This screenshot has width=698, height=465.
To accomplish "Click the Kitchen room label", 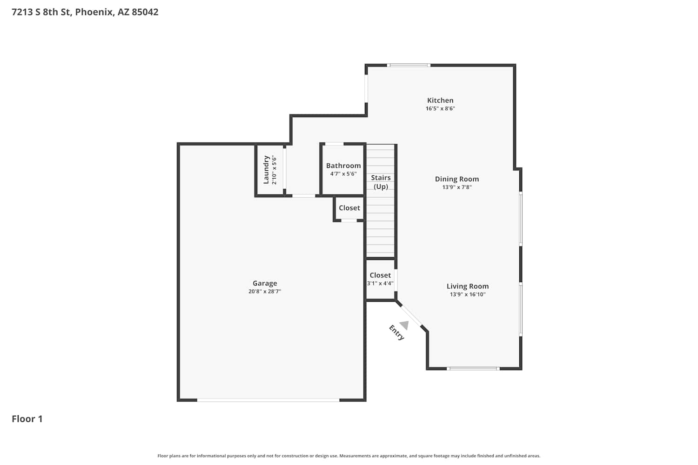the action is pyautogui.click(x=440, y=100).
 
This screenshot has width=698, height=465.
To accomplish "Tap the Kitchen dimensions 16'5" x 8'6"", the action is pyautogui.click(x=440, y=108).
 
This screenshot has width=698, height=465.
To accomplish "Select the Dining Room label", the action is pyautogui.click(x=457, y=179).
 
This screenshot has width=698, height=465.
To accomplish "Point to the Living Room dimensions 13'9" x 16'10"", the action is pyautogui.click(x=467, y=294).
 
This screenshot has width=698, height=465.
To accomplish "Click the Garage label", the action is pyautogui.click(x=265, y=284).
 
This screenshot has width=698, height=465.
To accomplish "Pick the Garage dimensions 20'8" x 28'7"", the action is pyautogui.click(x=265, y=292).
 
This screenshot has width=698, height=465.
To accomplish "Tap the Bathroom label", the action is pyautogui.click(x=343, y=166).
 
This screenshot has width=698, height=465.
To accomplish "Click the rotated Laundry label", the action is pyautogui.click(x=266, y=170).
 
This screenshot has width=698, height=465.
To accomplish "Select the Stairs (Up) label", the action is pyautogui.click(x=381, y=182).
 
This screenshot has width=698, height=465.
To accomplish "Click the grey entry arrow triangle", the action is pyautogui.click(x=405, y=325).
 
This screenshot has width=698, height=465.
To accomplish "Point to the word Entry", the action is pyautogui.click(x=396, y=332).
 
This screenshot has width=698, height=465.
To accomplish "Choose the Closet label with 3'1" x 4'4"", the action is pyautogui.click(x=380, y=275).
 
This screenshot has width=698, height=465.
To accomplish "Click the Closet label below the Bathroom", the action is pyautogui.click(x=349, y=208).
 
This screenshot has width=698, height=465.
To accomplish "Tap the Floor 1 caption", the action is pyautogui.click(x=27, y=419).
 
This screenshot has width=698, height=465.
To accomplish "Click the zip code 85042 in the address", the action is pyautogui.click(x=145, y=12).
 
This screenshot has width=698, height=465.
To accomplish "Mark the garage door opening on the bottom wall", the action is pyautogui.click(x=268, y=400).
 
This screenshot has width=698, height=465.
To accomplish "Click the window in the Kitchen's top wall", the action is pyautogui.click(x=409, y=66).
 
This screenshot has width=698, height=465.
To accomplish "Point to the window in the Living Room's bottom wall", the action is pyautogui.click(x=473, y=369).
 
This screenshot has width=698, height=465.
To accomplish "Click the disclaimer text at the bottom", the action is pyautogui.click(x=349, y=456).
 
